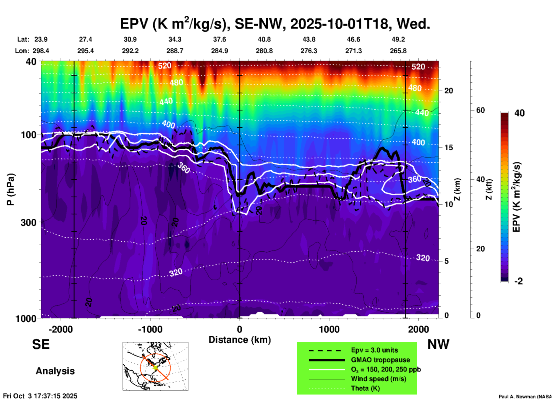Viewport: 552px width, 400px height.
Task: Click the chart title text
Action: pyautogui.click(x=275, y=24)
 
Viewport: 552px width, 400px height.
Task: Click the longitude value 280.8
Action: pyautogui.click(x=264, y=51)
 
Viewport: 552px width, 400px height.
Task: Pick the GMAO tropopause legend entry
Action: pyautogui.click(x=380, y=360)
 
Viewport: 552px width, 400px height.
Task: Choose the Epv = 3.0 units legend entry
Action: pyautogui.click(x=374, y=350)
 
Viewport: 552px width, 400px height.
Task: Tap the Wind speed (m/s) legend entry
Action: pyautogui.click(x=378, y=379)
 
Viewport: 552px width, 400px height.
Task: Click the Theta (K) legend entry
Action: pyautogui.click(x=365, y=388)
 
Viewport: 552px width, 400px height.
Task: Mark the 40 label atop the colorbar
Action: pyautogui.click(x=519, y=113)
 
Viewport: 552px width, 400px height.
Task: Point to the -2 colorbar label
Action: pyautogui.click(x=518, y=281)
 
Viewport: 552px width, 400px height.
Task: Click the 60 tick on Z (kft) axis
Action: pyautogui.click(x=480, y=110)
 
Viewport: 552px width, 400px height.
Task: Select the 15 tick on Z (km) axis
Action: pyautogui.click(x=449, y=147)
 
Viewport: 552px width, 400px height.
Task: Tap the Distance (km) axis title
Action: pyautogui.click(x=240, y=340)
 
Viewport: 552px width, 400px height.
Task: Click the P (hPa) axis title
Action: pyautogui.click(x=11, y=189)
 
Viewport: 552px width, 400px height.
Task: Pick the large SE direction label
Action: pyautogui.click(x=41, y=344)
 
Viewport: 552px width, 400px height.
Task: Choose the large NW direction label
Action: pyautogui.click(x=438, y=344)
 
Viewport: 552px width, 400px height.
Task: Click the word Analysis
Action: pyautogui.click(x=55, y=371)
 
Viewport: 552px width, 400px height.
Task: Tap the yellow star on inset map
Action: pyautogui.click(x=155, y=367)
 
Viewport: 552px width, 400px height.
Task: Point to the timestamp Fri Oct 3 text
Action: pyautogui.click(x=40, y=396)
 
